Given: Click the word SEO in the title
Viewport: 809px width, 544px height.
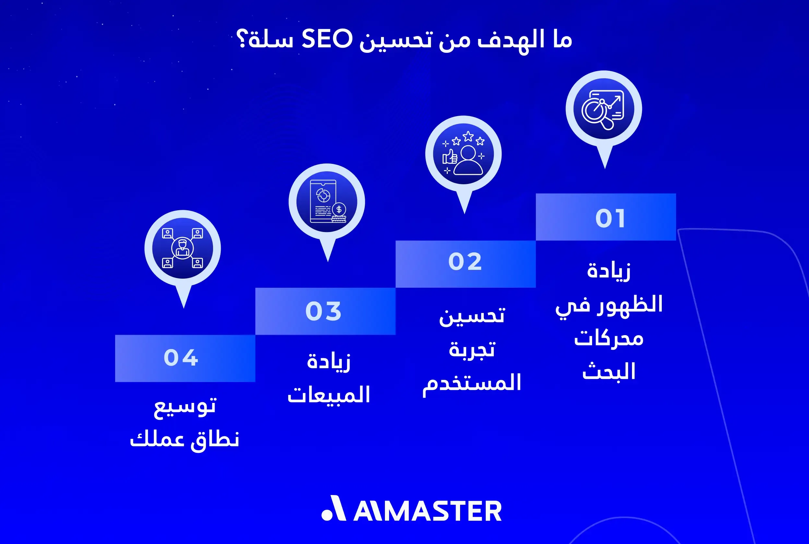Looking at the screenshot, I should coord(327,39).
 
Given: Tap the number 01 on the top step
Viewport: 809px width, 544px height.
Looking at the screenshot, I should coord(610,219).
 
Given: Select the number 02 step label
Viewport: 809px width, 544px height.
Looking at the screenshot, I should coord(465,261).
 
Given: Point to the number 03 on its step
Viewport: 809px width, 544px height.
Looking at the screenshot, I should coord(323,311).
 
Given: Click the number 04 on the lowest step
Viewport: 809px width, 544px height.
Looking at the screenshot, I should coord(181,358).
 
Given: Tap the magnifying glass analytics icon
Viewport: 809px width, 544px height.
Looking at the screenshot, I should coord(603,109).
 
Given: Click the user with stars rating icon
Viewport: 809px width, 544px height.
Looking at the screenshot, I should coord(463,154).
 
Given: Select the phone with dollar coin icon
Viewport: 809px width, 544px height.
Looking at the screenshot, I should coord(327,201).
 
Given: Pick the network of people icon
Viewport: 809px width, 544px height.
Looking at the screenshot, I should coord(183,248).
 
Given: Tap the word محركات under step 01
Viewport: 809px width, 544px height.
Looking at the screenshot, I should coord(609,338).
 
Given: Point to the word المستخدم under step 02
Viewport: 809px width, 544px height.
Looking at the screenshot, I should coord(471,383).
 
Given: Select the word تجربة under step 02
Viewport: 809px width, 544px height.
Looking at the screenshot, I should coord(471,350).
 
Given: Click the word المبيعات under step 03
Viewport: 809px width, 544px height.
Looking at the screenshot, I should coord(329,395).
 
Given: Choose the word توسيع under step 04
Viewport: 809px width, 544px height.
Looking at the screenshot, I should coord(185,405).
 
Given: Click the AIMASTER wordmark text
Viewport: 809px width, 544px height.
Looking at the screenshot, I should coord(427,511).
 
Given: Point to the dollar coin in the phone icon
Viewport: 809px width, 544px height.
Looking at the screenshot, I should coord(339,210).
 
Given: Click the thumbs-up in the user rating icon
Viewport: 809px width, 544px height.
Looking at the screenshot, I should coord(450,157).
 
